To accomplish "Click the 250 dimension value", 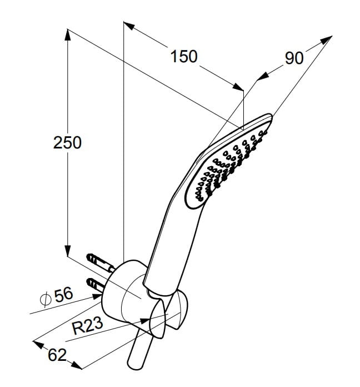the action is (67, 143).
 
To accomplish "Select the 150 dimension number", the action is (184, 56).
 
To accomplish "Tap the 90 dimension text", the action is (294, 58).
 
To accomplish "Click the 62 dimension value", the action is (57, 355).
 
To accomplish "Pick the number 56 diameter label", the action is (64, 295).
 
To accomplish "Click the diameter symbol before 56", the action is (46, 299).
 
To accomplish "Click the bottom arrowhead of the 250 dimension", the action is (68, 251).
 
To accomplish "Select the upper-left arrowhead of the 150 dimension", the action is (129, 26).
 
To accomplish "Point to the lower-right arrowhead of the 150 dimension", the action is (238, 87).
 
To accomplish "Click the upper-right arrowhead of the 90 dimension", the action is (326, 39).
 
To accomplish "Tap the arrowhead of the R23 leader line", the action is (145, 321).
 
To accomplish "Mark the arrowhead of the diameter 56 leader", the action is (97, 297).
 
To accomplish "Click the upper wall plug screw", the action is (101, 262).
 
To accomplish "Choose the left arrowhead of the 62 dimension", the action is (38, 345).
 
